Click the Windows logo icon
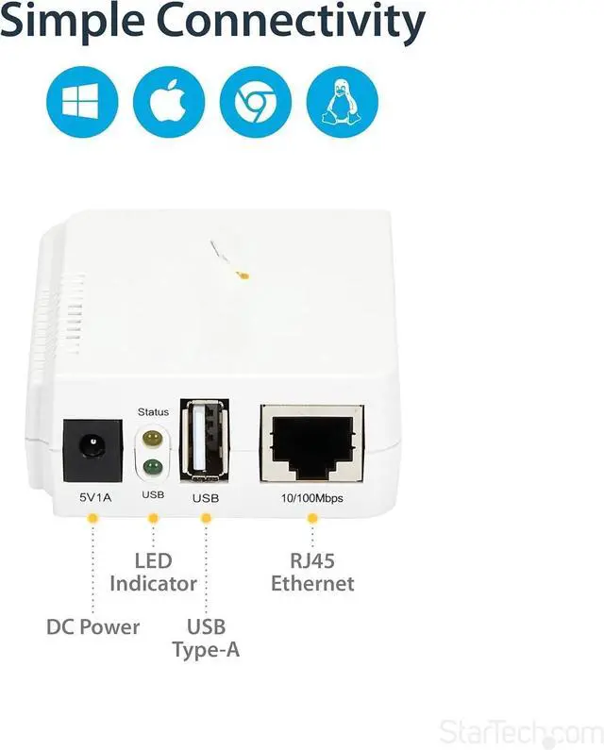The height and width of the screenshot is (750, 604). point(82,102)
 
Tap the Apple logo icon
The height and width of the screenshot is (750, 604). point(169,102)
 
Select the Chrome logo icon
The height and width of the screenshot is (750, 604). point(256,102)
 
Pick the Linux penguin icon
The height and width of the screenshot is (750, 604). point(342,102)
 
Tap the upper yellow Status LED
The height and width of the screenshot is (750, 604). point(152,440)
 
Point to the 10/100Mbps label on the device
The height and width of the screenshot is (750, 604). point(311,495)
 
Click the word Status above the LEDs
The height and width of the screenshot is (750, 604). point(153,412)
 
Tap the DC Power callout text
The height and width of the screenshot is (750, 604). point(92,626)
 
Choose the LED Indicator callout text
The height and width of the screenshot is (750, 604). point(153,573)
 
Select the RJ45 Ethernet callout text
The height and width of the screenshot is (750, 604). point(312,573)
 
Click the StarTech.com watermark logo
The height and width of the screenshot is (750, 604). point(518,730)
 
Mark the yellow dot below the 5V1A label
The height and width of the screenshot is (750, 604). point(92,518)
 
